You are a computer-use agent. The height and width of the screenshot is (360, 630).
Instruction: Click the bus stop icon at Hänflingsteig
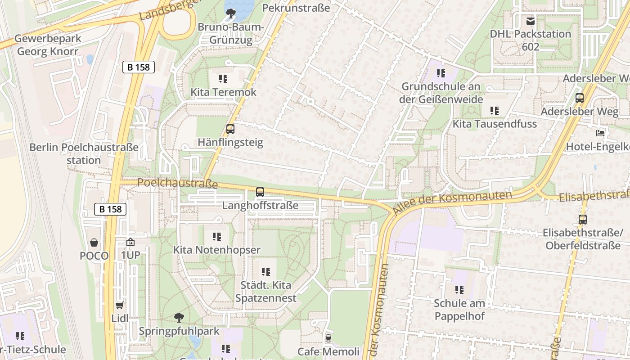(x=230, y=129)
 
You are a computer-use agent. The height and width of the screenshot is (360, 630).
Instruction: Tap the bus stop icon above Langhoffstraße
(x=260, y=192)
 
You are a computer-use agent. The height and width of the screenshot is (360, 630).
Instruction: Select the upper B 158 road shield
(x=139, y=67)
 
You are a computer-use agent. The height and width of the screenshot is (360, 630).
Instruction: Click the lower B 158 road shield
(x=110, y=209)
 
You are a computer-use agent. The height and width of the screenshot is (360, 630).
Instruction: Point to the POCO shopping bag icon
(x=94, y=243)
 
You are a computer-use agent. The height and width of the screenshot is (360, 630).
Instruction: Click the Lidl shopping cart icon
(x=119, y=306)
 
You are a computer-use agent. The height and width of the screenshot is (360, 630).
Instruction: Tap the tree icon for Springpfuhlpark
(x=179, y=318)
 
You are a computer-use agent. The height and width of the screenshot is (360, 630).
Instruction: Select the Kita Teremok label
(x=223, y=92)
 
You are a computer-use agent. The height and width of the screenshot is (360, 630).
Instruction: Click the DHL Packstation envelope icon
(x=531, y=21)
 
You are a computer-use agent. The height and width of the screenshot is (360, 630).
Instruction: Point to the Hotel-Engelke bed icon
(x=600, y=133)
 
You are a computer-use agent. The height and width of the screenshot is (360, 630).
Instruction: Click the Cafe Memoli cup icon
(x=328, y=338)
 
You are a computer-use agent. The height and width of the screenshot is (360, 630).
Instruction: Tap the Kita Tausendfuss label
(x=495, y=124)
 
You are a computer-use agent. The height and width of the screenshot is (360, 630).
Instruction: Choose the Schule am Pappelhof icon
(x=459, y=289)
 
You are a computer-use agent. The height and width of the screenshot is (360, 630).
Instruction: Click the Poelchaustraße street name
(x=177, y=183)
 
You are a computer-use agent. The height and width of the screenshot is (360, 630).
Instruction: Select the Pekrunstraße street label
(x=296, y=8)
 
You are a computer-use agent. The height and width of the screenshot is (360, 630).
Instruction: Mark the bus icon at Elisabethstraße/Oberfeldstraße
(x=582, y=220)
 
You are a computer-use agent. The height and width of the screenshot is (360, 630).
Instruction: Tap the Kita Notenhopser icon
(x=216, y=236)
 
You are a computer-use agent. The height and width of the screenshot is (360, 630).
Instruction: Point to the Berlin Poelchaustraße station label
(x=84, y=153)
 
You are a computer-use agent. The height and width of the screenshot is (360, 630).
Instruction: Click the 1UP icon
(x=130, y=242)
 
